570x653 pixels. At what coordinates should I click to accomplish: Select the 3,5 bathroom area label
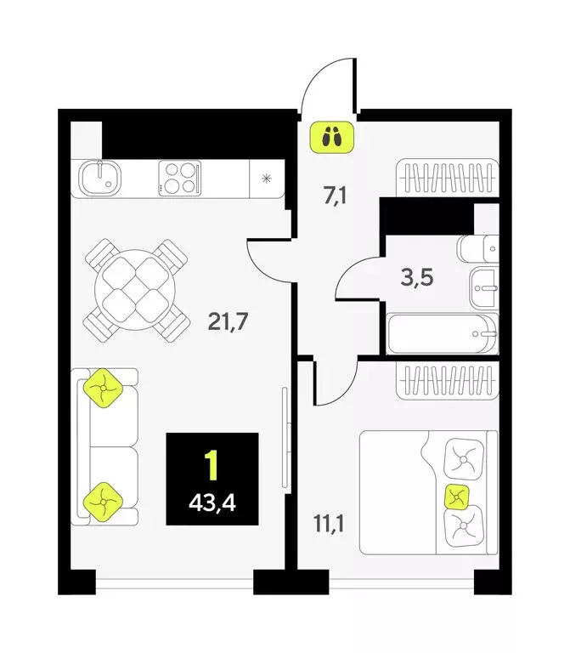[x=417, y=276]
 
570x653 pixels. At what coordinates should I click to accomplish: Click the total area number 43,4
[x=212, y=503]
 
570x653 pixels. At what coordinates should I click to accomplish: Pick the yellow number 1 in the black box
[x=212, y=465]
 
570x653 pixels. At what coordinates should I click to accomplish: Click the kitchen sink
[x=100, y=178]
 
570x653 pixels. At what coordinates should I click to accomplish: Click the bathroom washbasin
[x=483, y=289]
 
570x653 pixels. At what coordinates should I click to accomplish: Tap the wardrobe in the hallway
[x=446, y=179]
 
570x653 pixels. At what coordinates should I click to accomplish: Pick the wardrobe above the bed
[x=447, y=381]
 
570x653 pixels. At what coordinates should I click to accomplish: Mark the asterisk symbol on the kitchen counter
[x=267, y=179]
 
